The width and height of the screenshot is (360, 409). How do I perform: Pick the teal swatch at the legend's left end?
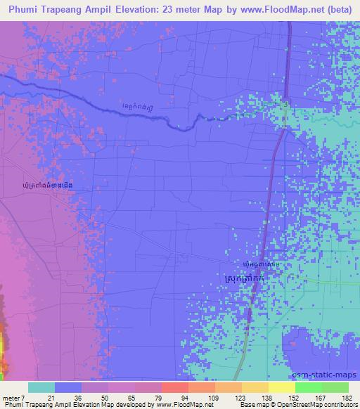coord(41,387)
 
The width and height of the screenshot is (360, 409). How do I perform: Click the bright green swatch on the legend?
coord(309,387)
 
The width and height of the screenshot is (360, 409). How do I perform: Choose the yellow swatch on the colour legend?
coord(282,387)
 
